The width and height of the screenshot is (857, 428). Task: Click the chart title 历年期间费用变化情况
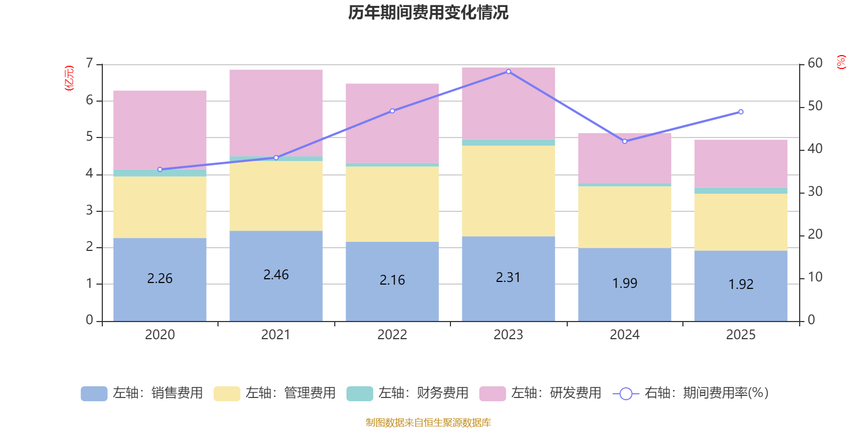point(428,13)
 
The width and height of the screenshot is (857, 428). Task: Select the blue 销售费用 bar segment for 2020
point(160,300)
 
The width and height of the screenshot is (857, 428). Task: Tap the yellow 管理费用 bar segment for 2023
point(508,190)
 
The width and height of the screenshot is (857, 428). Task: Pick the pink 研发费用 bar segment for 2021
point(276,112)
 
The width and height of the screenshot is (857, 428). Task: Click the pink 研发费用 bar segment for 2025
point(741,163)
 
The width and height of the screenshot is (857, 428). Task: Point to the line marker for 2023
point(508,71)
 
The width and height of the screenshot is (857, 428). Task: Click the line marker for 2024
point(625,141)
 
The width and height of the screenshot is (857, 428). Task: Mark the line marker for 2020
point(160,170)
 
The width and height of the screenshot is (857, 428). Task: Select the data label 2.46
point(276,275)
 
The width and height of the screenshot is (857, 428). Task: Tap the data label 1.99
point(625,283)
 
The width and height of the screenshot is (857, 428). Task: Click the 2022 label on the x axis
point(392,335)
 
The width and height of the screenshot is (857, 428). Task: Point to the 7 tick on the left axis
point(89,64)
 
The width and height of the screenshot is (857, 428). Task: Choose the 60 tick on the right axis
point(815,63)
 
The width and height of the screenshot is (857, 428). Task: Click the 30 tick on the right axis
point(815,192)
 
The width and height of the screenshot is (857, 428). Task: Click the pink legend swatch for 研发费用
point(492,394)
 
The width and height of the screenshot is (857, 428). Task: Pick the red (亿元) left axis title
point(69,78)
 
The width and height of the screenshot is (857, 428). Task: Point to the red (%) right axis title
point(841,62)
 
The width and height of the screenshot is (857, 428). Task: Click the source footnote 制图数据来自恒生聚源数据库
point(428,423)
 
